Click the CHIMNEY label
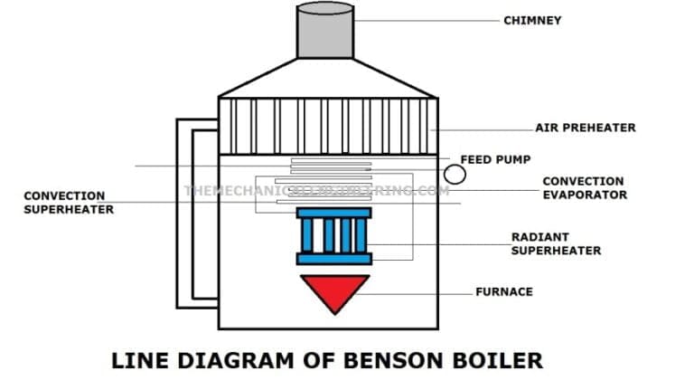532,20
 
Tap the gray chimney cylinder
325,32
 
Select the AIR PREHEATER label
585,128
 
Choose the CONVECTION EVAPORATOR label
584,188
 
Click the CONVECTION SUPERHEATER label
69,202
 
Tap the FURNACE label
503,291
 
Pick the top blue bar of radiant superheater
333,213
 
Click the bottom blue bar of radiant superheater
333,259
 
